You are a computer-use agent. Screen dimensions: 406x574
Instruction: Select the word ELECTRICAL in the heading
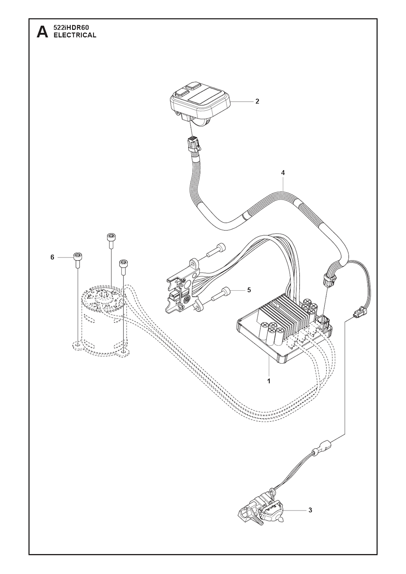75,35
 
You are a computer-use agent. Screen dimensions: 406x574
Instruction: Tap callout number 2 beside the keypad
257,101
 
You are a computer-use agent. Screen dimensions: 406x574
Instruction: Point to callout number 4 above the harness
283,173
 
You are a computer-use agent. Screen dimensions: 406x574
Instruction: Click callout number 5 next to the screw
249,290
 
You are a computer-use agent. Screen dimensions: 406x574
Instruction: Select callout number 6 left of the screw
52,257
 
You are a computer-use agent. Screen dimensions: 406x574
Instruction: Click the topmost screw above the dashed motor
111,240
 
